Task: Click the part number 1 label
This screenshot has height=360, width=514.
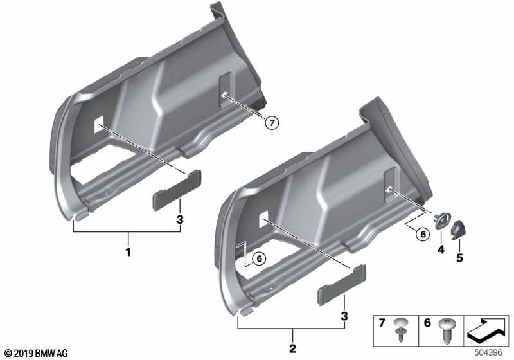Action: coord(128,252)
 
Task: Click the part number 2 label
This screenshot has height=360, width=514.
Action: coord(292,349)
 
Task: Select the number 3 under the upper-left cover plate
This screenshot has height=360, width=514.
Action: coord(180,220)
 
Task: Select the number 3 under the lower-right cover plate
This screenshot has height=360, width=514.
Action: coord(344,316)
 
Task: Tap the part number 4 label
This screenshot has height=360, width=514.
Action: coord(441,249)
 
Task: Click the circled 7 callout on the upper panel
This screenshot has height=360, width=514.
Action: coord(271,122)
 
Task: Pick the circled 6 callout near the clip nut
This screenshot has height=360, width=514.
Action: coord(421,235)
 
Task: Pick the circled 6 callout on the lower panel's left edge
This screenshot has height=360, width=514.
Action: coord(258,258)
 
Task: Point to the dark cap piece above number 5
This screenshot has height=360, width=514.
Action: coord(461,228)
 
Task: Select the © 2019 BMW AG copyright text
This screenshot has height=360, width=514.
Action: coord(35,353)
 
